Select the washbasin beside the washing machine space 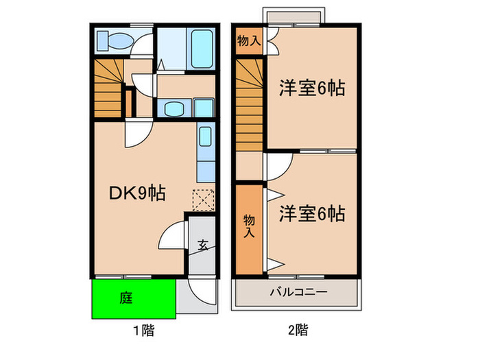pos(172,108)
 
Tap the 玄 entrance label pos(204,244)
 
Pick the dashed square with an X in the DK pos(202,200)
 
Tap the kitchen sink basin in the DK pos(205,137)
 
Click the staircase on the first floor pos(108,85)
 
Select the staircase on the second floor pos(249,103)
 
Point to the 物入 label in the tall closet pos(249,226)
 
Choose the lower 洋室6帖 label pos(311,214)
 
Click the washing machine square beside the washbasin pos(203,108)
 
